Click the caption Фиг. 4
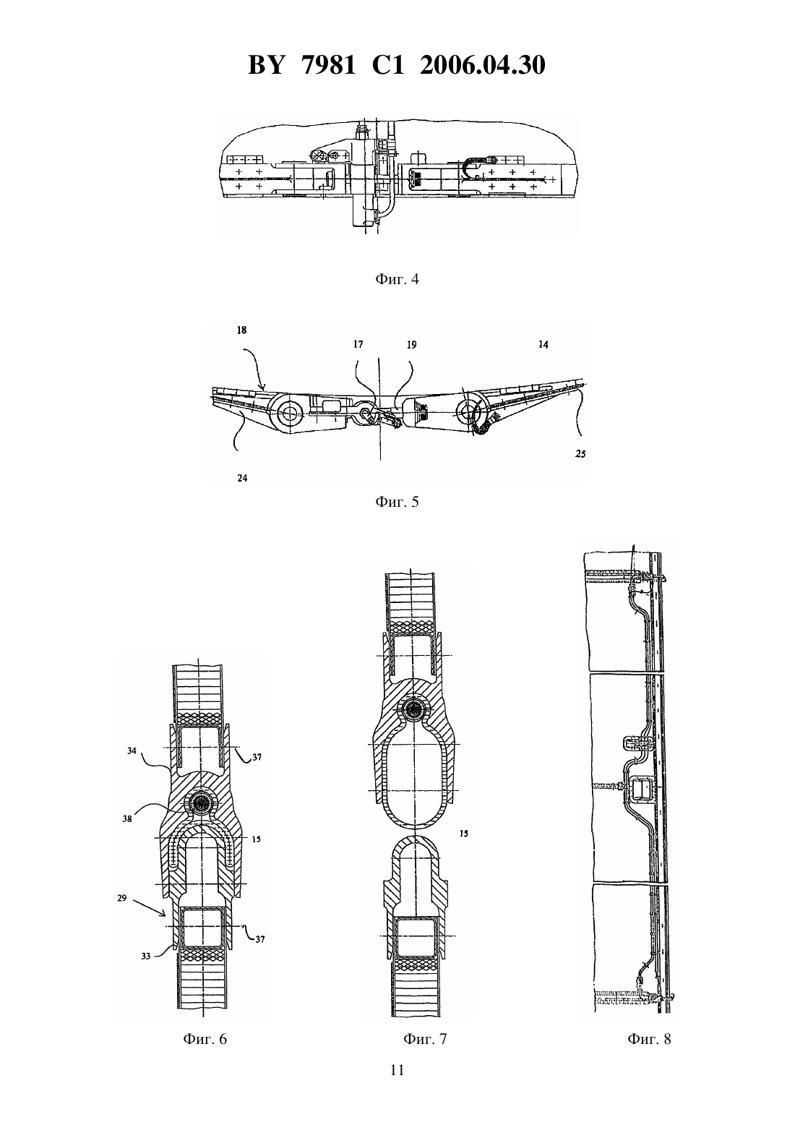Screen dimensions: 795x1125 pos(397,279)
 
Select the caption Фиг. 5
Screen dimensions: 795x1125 pos(397,502)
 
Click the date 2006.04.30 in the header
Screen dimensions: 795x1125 pos(482,66)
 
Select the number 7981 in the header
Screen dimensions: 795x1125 pos(329,66)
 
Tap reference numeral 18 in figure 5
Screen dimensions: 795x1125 pos(242,330)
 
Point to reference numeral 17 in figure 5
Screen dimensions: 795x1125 pos(358,345)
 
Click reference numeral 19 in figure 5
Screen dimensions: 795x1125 pos(411,345)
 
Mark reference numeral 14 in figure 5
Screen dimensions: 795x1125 pos(543,345)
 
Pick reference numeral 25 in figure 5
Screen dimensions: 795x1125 pos(580,454)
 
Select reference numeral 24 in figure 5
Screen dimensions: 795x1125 pos(242,478)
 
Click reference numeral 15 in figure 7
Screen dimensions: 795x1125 pos(464,834)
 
